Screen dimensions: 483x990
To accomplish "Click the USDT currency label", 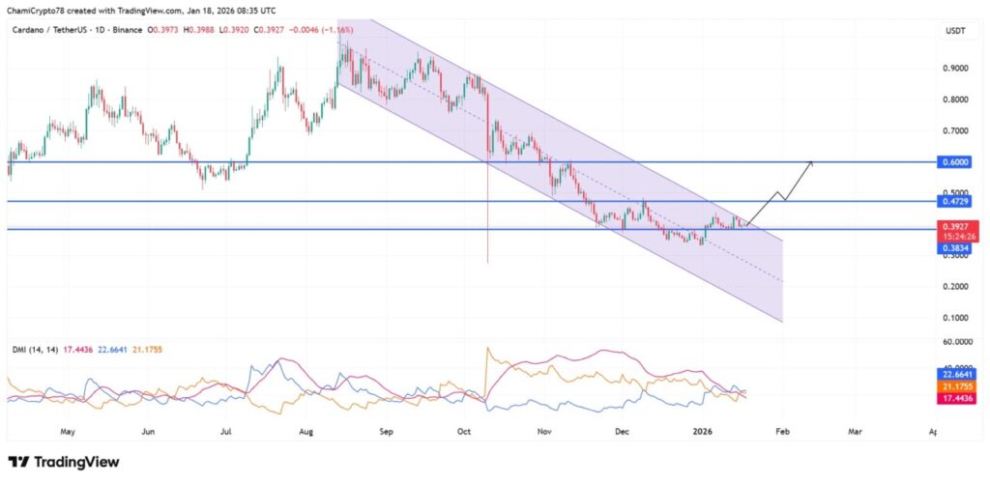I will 954,32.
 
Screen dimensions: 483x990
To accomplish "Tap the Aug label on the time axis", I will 306,434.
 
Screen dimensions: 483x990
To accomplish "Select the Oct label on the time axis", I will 463,434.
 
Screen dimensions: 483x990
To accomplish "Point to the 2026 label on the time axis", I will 705,434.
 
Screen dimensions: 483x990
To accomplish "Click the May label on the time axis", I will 67,434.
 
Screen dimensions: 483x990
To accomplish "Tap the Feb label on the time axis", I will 783,434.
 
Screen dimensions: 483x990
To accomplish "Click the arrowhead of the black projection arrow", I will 810,163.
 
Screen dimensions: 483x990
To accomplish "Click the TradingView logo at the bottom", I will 64,462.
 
